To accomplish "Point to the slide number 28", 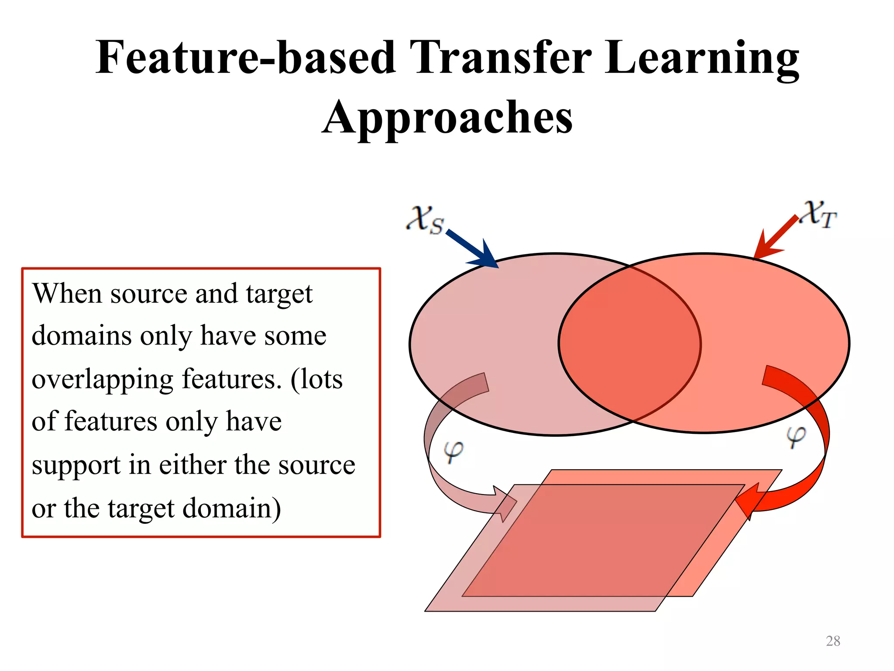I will point(833,641).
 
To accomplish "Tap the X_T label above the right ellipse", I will point(820,214).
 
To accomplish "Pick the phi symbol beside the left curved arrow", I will point(453,452).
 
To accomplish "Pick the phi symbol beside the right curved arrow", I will point(795,436).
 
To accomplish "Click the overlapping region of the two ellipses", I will point(629,343).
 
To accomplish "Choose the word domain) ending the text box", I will point(231,508).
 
